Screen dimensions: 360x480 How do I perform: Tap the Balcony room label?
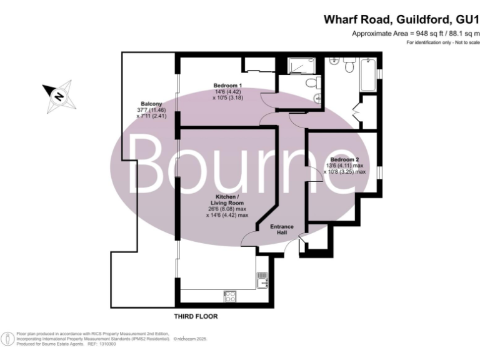[x=151, y=104]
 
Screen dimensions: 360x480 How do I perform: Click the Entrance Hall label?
[x=281, y=229]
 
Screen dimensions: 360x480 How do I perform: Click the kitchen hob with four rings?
[x=229, y=296]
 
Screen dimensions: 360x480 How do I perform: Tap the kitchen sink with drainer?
[x=262, y=279]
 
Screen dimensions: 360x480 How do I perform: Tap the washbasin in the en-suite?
[x=317, y=97]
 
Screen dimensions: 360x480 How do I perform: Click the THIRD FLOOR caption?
[x=196, y=317]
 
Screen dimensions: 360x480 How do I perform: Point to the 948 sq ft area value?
[x=417, y=33]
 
